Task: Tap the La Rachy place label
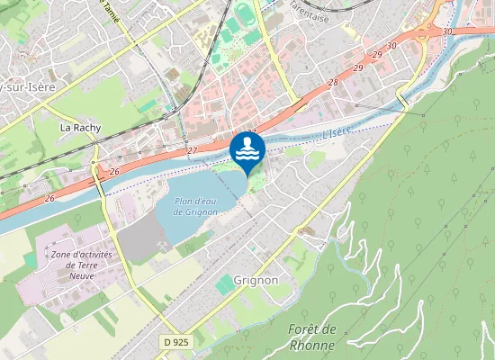[78, 129]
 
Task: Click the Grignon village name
[256, 280]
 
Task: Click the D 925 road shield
[176, 342]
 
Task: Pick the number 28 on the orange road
[333, 83]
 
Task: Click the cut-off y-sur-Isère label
[28, 86]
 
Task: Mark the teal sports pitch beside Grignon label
[224, 285]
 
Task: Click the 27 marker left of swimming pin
[192, 150]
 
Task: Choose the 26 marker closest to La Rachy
[114, 171]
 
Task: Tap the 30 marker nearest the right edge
[447, 31]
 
